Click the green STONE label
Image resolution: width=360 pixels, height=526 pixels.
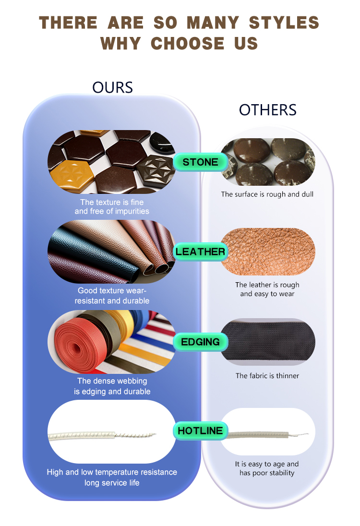(200, 162)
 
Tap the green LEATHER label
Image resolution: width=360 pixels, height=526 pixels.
(200, 251)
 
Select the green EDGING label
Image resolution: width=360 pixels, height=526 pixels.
(200, 342)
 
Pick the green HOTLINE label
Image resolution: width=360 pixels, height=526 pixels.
(200, 430)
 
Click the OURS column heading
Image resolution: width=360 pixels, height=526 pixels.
(112, 87)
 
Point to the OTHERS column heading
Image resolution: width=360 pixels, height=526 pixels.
(268, 110)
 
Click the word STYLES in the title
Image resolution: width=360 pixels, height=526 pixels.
(284, 23)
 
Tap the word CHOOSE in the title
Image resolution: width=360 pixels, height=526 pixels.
(188, 44)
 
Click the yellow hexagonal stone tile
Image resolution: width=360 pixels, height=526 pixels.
(72, 176)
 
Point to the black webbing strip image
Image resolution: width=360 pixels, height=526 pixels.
(268, 342)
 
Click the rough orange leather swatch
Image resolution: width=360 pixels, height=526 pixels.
(268, 251)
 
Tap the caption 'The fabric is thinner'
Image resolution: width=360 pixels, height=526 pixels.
(267, 376)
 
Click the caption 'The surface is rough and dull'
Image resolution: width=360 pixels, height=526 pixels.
(267, 194)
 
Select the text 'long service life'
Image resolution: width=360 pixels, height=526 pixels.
(112, 483)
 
